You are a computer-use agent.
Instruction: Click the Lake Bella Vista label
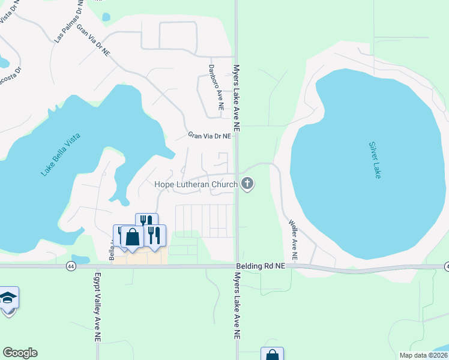tap(61, 154)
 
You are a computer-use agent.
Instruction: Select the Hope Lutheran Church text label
tap(196, 185)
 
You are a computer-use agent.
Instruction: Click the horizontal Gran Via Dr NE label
tap(209, 136)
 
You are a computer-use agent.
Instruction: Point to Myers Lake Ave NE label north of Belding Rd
tap(237, 98)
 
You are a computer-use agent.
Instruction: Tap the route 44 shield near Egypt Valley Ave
tap(71, 265)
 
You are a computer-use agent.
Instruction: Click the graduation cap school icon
tap(8, 298)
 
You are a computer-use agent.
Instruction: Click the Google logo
tap(20, 353)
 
